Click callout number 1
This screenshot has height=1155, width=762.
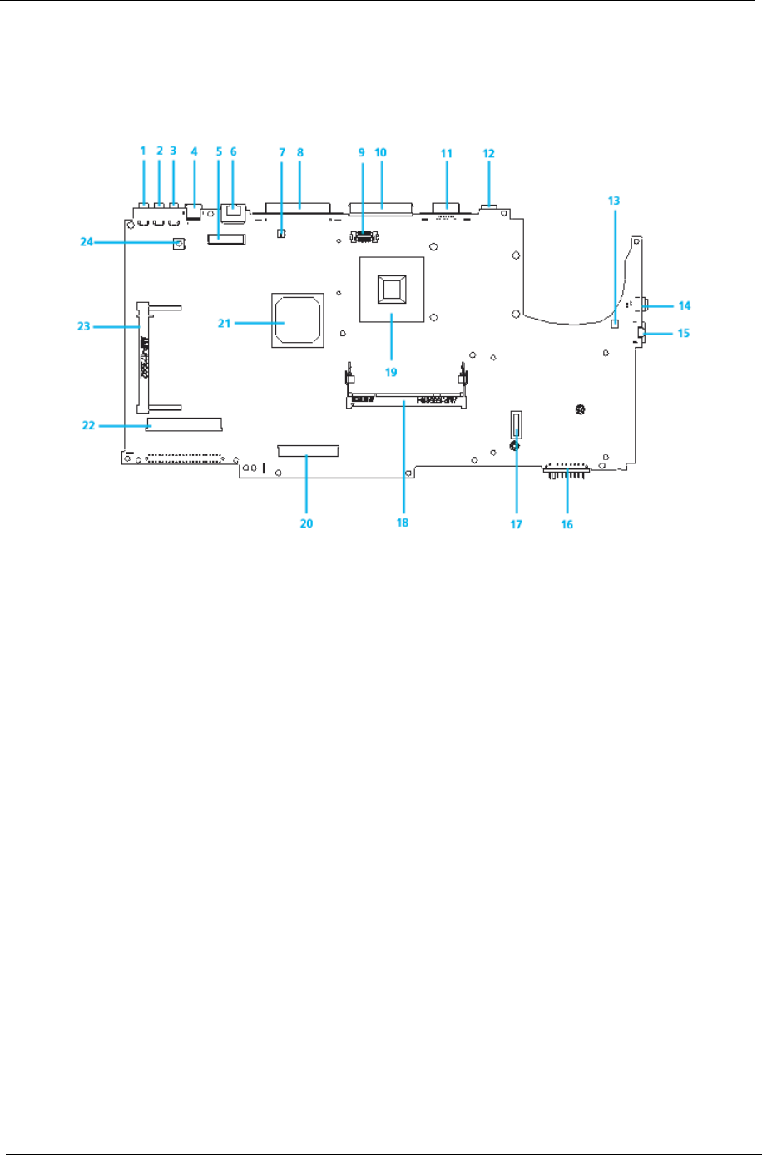click(x=143, y=151)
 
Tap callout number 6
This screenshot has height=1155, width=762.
click(x=234, y=151)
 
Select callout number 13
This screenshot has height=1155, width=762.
click(x=614, y=201)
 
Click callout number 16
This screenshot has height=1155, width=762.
click(x=568, y=525)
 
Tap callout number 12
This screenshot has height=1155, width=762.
click(x=488, y=153)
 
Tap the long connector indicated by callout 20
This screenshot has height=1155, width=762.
click(x=309, y=450)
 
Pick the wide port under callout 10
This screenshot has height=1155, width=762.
click(x=382, y=205)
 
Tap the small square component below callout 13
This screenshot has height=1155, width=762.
click(x=615, y=324)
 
